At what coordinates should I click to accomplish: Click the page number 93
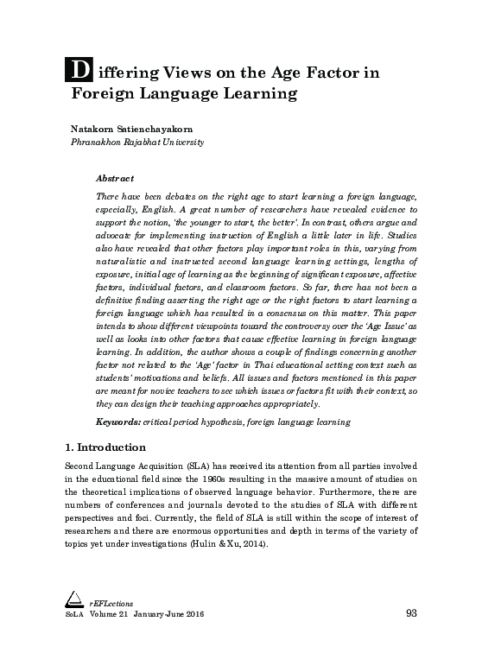pyautogui.click(x=411, y=614)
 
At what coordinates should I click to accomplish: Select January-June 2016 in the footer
pyautogui.click(x=171, y=614)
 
